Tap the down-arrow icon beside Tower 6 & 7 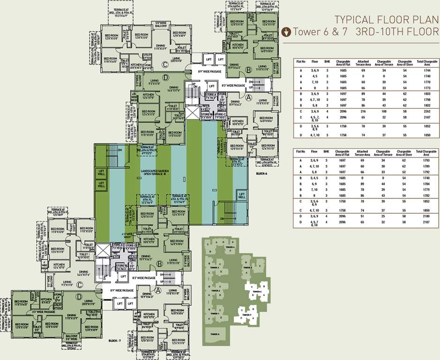point(287,32)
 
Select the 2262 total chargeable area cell point(427,112)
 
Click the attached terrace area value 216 point(363,112)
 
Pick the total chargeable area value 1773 point(427,88)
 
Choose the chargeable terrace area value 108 point(384,112)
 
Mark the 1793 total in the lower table point(427,160)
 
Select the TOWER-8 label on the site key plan point(215,334)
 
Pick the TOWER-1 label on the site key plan point(215,313)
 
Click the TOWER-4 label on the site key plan point(229,247)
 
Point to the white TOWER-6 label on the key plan point(256,292)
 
